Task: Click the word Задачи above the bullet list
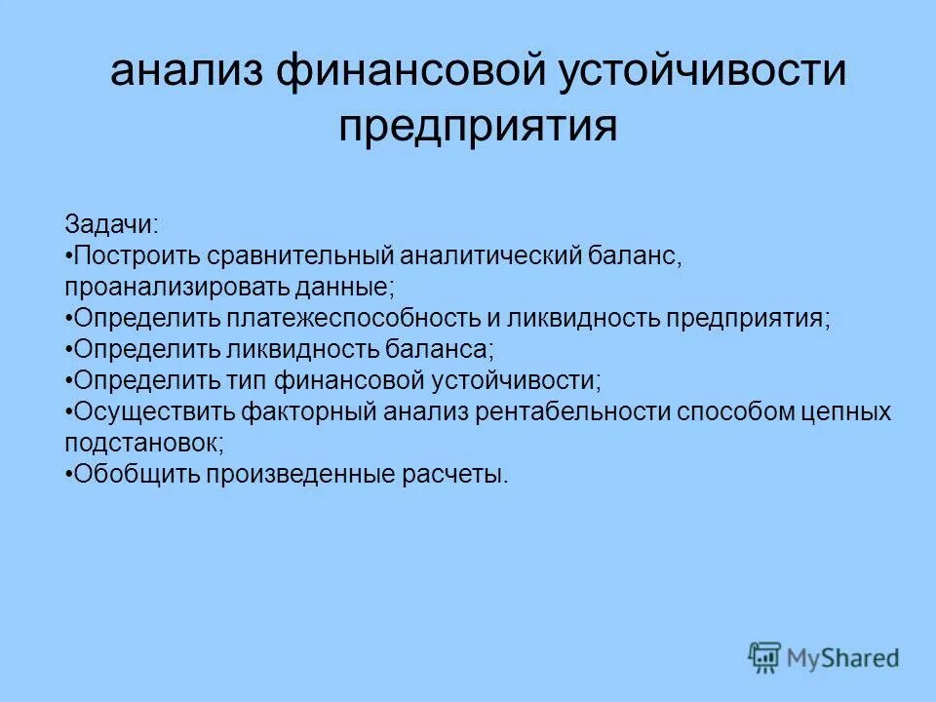(x=110, y=224)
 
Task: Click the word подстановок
(x=143, y=444)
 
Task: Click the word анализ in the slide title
(x=188, y=73)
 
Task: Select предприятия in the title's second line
(x=478, y=128)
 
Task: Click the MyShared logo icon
(x=764, y=657)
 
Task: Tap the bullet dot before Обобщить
(x=69, y=475)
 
